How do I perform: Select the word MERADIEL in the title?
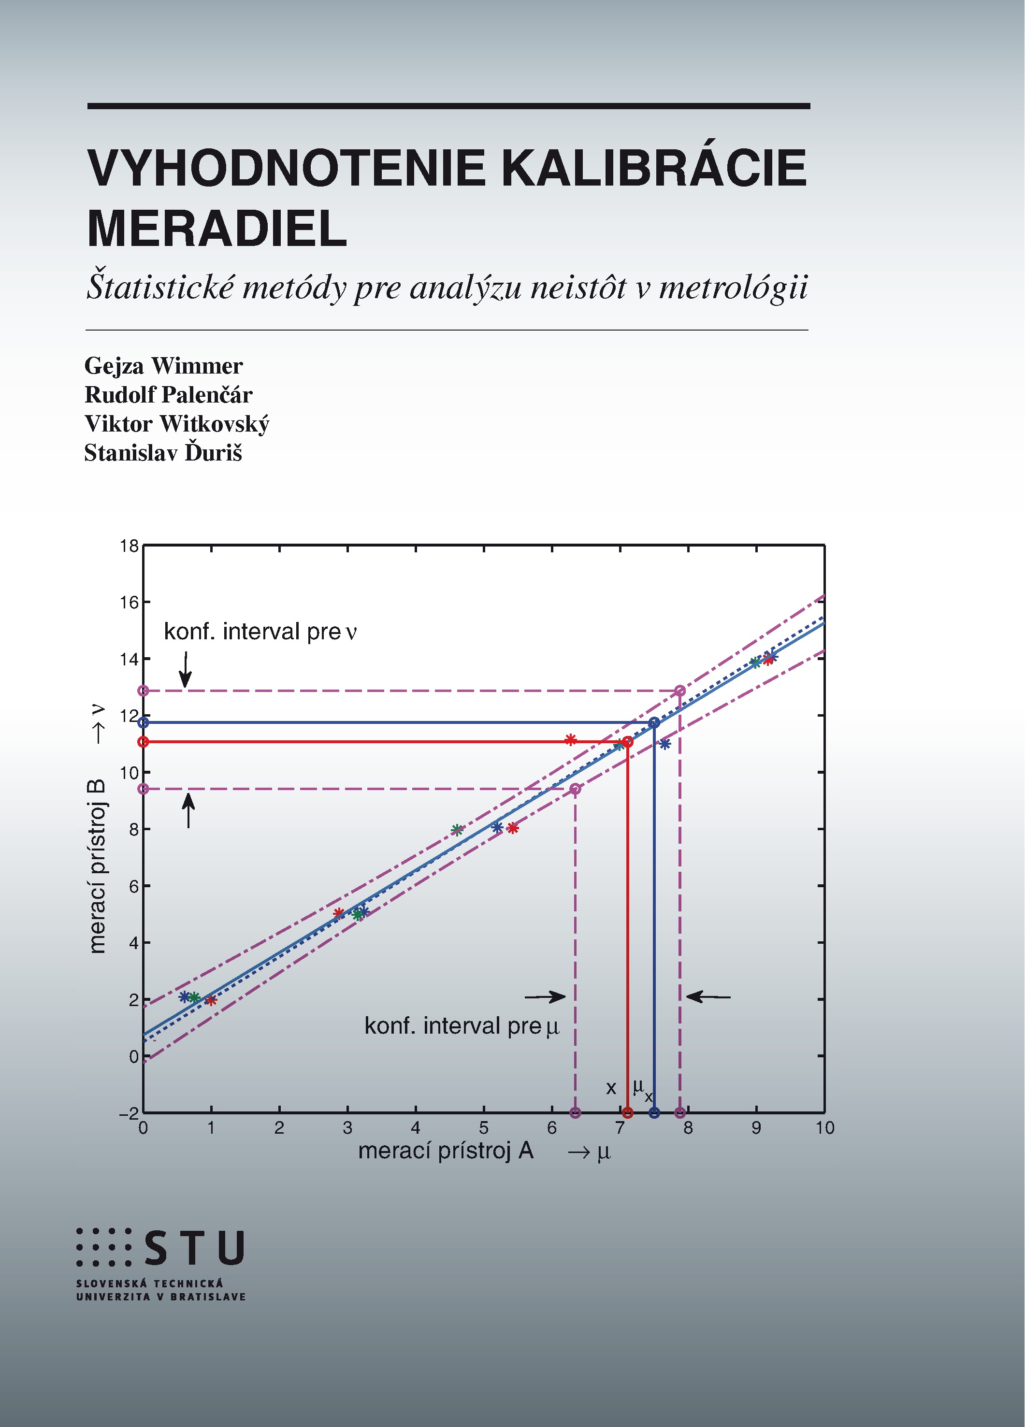coord(217,229)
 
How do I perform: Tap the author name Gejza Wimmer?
coord(164,365)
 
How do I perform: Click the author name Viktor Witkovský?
coord(177,424)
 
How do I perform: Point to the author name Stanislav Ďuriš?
coord(163,452)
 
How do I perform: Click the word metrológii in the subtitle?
coord(733,288)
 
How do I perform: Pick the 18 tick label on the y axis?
coord(129,546)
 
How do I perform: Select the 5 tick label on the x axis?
coord(483,1127)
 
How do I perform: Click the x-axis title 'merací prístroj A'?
coord(446,1151)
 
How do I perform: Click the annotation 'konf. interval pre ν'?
coord(260,632)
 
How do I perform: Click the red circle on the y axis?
coord(144,742)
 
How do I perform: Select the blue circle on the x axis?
coord(654,1112)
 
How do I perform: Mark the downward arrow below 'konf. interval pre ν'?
coord(185,669)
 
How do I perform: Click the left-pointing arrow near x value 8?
coord(708,996)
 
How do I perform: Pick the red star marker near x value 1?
coord(211,1000)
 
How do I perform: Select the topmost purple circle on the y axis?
coord(144,691)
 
